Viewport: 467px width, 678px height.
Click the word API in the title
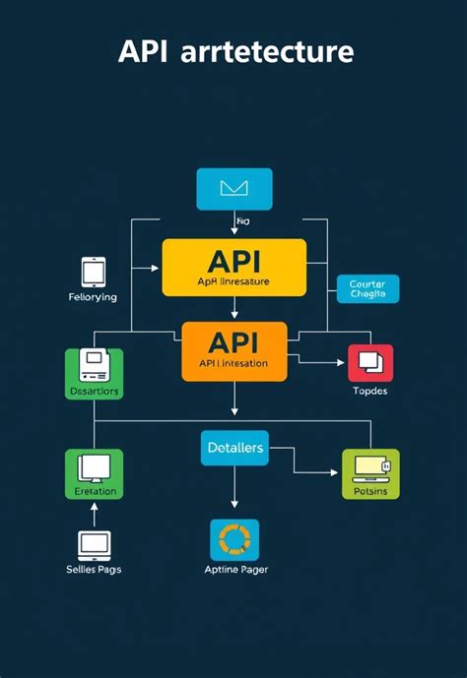tap(143, 52)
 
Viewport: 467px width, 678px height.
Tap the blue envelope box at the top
tap(233, 189)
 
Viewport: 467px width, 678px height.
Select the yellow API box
tap(233, 267)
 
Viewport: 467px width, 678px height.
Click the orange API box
tap(233, 350)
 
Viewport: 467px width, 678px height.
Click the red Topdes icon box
tap(370, 362)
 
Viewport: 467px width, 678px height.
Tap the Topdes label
tap(370, 391)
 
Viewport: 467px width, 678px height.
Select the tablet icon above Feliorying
tap(94, 272)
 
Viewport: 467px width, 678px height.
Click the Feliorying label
tap(94, 297)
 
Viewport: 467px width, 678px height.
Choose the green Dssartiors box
tap(94, 374)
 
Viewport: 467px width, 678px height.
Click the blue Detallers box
tap(234, 448)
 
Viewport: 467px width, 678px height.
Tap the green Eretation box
tap(94, 473)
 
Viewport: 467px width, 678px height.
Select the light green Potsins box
tap(370, 473)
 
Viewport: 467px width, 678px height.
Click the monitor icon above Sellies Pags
tap(95, 543)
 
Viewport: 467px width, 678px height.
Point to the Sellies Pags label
tap(95, 570)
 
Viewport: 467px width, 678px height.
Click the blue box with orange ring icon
tap(234, 540)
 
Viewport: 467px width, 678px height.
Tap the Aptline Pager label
tap(234, 570)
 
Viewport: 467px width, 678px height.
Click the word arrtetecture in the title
tap(267, 52)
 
